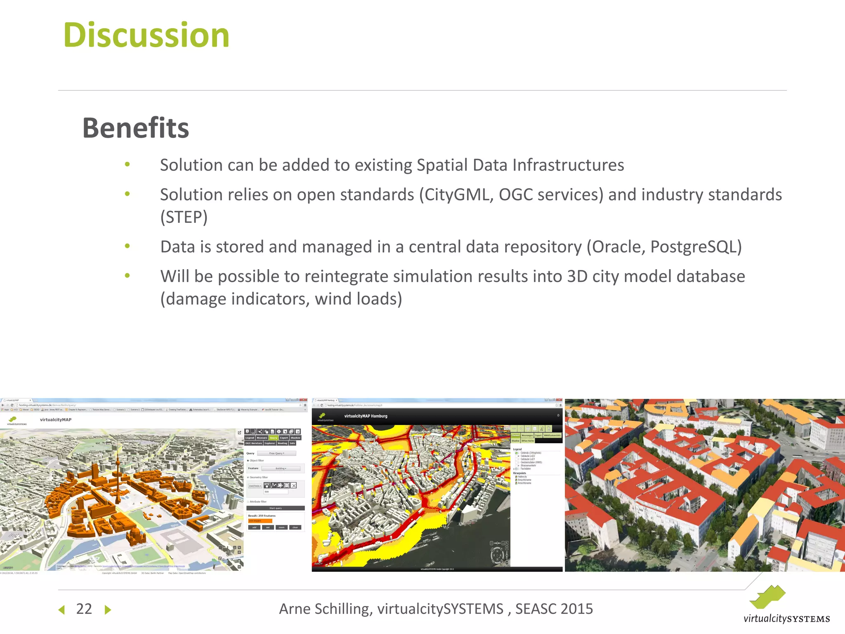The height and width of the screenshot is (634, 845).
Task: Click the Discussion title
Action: coord(146,35)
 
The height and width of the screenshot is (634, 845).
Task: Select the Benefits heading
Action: coord(136,128)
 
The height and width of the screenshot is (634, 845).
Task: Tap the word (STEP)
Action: coord(184,217)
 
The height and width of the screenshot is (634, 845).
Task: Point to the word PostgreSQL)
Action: coord(696,247)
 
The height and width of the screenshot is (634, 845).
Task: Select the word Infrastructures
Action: coord(568,165)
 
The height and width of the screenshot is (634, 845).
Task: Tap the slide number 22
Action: coord(84,609)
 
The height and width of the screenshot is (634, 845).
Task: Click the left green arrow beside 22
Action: coord(62,610)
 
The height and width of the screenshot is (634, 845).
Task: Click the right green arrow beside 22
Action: coord(108,610)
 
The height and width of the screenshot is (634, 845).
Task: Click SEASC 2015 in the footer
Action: coord(554,609)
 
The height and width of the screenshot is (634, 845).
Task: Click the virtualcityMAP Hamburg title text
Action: coord(366,416)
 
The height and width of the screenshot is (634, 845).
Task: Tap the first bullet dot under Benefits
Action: coord(127,165)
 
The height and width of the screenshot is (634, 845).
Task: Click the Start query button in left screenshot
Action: coord(275,508)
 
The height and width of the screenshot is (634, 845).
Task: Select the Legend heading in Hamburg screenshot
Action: coord(517,449)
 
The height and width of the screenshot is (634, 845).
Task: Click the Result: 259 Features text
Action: coord(262,516)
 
